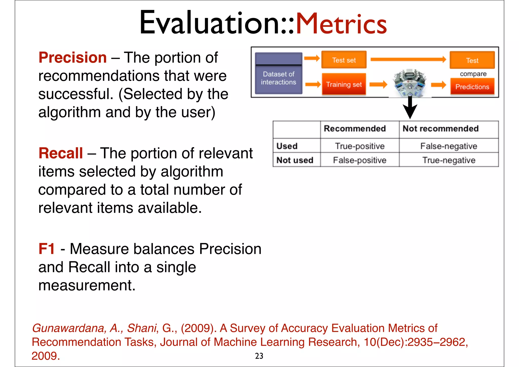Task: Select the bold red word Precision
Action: pos(73,58)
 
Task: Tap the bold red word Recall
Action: pos(61,153)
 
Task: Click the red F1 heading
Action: pos(47,249)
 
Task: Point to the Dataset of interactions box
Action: pos(279,74)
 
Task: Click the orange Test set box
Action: pos(344,60)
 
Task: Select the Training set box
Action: pos(344,84)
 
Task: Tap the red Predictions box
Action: pos(472,87)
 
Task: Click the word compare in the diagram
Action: pos(473,74)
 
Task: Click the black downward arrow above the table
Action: pos(410,108)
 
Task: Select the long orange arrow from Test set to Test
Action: pos(408,60)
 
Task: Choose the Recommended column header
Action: pos(355,129)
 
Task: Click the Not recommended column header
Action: pos(440,129)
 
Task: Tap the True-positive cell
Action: pos(360,146)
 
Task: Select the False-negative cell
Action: pos(449,146)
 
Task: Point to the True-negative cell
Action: pos(449,160)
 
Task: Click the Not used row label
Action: pos(295,160)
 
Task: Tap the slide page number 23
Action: pos(259,356)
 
